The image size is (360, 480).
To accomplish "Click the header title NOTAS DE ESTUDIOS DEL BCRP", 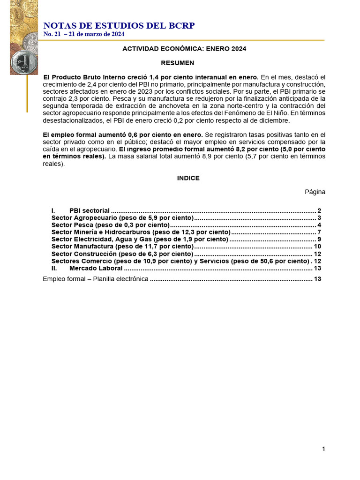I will point(119,26).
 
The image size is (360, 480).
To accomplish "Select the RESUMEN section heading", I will point(177,63).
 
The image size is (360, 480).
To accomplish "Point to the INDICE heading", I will point(188,178).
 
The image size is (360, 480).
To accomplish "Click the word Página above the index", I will point(315,192).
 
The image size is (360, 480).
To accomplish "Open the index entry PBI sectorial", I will point(89,211).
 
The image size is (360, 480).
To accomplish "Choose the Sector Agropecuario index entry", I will point(122,218).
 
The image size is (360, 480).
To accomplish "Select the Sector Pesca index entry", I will point(110,225).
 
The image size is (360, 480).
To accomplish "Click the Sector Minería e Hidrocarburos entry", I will point(141,232).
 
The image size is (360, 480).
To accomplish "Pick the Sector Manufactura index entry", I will point(122,247).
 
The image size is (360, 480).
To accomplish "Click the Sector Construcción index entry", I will point(122,254).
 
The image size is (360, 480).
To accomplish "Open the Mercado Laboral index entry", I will point(96,268).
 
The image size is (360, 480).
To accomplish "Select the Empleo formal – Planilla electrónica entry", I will point(96,279).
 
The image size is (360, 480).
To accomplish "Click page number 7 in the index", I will point(319,232).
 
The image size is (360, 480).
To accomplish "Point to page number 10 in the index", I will point(317,247).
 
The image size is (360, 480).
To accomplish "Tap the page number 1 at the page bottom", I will point(323,449).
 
